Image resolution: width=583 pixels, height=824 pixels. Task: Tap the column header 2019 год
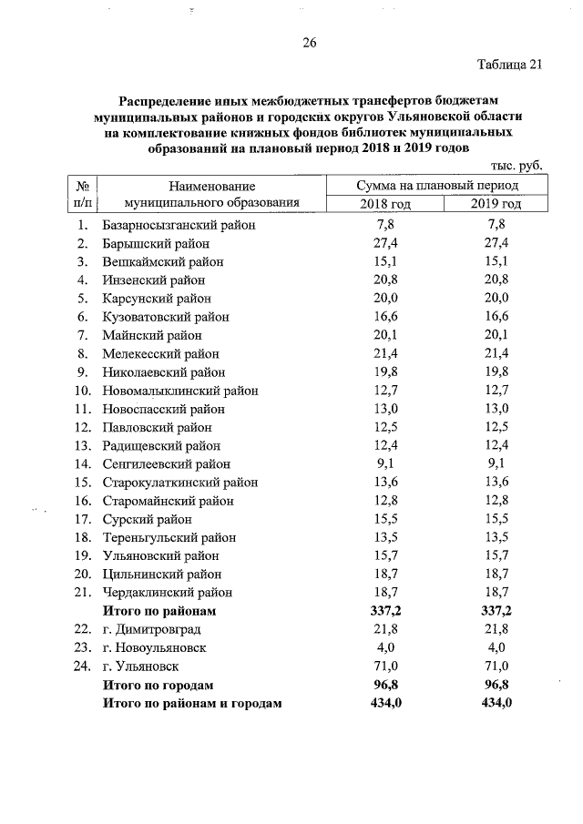[x=496, y=203]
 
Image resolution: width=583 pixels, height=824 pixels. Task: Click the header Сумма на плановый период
[x=438, y=185]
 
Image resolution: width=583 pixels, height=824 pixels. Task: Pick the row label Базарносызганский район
[x=179, y=225]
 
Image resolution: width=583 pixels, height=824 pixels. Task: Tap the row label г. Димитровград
[x=151, y=629]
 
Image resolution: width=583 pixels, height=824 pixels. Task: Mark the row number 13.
[x=82, y=445]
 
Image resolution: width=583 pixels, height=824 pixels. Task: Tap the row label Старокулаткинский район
[x=180, y=482]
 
